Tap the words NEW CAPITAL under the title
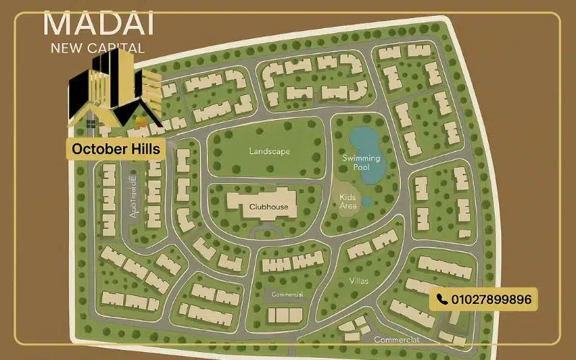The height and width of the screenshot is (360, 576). coord(98,49)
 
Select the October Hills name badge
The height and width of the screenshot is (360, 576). coord(116,150)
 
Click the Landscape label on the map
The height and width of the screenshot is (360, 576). coord(269,152)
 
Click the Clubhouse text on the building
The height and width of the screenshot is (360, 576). coord(269,207)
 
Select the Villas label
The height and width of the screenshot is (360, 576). coord(359,281)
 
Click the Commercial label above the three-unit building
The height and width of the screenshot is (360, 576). coord(287,294)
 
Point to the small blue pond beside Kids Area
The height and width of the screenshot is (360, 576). coord(366,202)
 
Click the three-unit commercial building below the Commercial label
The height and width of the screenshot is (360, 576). coord(285,315)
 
